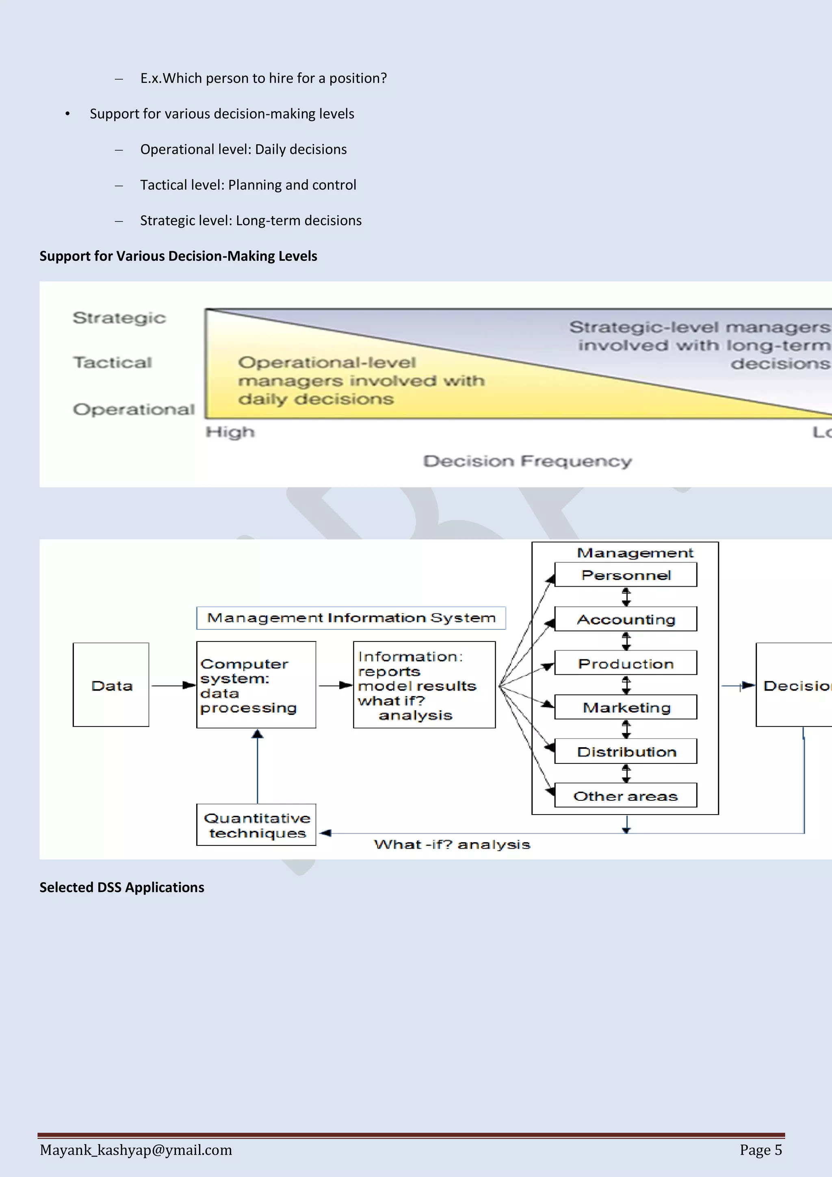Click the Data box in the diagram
pos(111,685)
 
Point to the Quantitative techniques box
pos(256,825)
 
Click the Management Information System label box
pos(351,618)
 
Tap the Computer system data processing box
pos(256,685)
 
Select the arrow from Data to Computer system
pos(173,685)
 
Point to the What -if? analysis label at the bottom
pos(452,844)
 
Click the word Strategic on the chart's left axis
pos(119,318)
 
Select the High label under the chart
pos(230,432)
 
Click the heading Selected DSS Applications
pos(122,887)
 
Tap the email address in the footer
pos(136,1150)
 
